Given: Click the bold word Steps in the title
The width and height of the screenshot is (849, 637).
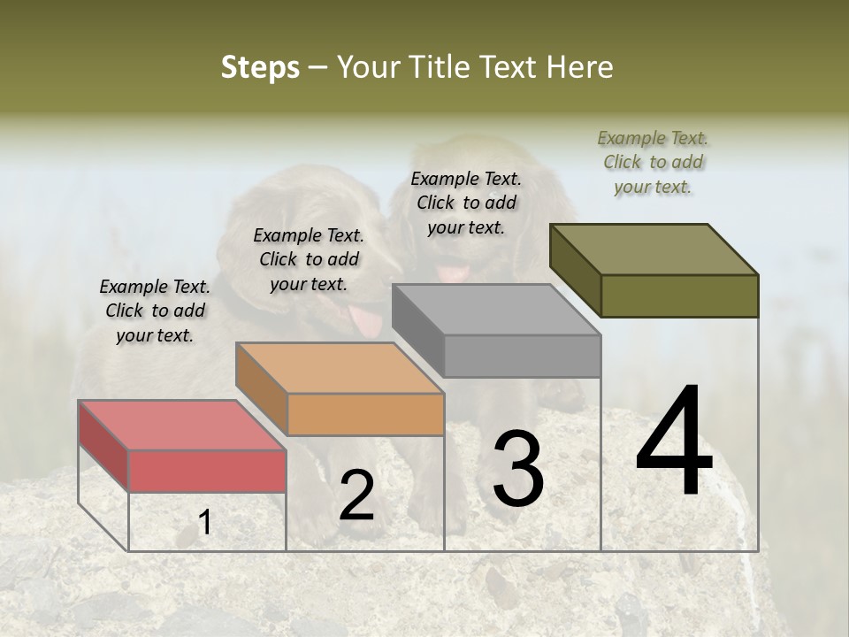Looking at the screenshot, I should coord(260,67).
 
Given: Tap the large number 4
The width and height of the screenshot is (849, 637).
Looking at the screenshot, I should coord(674,442).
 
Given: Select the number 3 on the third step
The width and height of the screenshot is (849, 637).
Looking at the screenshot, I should coord(517,469).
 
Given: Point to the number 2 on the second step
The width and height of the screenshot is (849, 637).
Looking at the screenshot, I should coord(356,495).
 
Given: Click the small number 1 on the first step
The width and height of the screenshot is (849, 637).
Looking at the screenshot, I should coord(204,523).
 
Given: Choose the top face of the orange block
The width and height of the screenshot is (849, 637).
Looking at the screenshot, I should coord(340,368).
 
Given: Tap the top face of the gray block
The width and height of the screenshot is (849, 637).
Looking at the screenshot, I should coord(496,310).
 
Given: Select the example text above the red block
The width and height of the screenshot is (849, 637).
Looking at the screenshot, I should coord(155,311).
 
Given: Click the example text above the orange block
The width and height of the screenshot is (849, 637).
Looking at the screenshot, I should coord(309,259).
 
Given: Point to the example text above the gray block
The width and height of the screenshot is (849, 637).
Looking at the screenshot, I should coord(466,203).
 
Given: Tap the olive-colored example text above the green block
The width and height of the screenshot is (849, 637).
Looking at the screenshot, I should coord(653,162).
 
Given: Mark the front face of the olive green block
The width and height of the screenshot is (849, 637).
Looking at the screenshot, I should coord(679,295).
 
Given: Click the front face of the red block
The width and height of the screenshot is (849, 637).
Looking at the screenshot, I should coord(207,471).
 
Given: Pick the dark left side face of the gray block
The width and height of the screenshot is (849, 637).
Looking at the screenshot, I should coord(417,329).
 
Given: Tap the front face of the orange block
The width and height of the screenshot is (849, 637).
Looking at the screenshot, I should coord(365,414).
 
